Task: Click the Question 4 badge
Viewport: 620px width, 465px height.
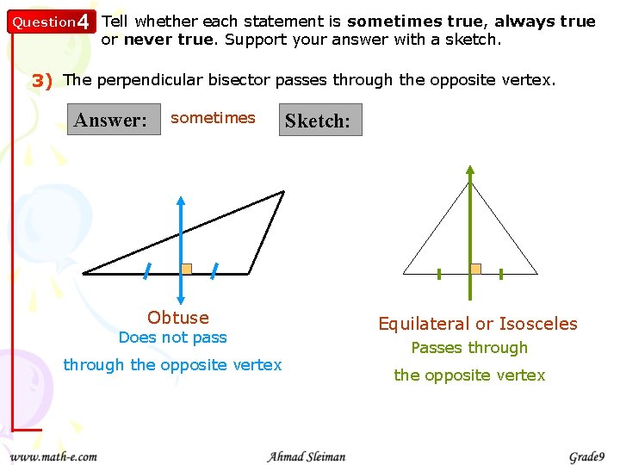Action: tap(49, 22)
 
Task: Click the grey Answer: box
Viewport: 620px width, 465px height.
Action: tap(110, 120)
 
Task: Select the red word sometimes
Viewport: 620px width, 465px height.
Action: tap(213, 118)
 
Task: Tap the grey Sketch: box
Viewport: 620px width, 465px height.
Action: tap(318, 121)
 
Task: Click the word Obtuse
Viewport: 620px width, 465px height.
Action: tap(178, 318)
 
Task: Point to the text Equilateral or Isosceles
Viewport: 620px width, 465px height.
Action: tap(478, 324)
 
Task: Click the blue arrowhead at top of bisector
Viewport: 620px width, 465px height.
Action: tap(180, 201)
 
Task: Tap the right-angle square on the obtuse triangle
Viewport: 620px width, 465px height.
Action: tap(186, 268)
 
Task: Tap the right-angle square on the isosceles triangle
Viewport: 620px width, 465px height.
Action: tap(475, 269)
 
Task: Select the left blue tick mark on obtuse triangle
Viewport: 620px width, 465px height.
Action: tap(147, 270)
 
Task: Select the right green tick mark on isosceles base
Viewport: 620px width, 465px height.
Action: tap(501, 274)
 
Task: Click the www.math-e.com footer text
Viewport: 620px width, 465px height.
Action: tap(53, 456)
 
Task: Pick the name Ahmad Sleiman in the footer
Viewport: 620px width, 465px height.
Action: tap(307, 456)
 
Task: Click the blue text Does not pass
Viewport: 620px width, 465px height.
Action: tap(172, 338)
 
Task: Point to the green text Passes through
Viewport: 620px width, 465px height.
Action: tap(469, 348)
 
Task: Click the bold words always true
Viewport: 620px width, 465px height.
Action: tap(545, 21)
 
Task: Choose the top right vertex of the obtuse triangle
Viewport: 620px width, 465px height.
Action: tap(282, 192)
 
